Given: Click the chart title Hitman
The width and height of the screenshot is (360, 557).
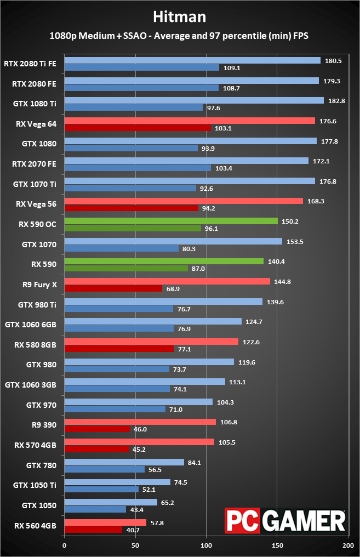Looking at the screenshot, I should point(180,16).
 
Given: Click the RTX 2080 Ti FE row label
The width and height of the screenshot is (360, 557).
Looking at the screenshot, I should point(30,63).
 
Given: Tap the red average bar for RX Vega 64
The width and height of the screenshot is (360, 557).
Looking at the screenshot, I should point(190,121).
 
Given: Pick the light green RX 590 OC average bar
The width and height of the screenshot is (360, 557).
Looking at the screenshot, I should point(171,221).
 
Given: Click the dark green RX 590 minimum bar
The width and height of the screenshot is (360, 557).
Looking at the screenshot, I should point(126,268).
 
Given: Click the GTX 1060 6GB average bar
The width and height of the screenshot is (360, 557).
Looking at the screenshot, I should point(153,321).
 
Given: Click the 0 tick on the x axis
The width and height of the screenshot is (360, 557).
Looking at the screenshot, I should point(64,545).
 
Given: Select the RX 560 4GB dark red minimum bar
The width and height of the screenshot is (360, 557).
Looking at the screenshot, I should point(93,530).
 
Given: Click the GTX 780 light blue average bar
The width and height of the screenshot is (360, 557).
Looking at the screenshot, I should point(124,462).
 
